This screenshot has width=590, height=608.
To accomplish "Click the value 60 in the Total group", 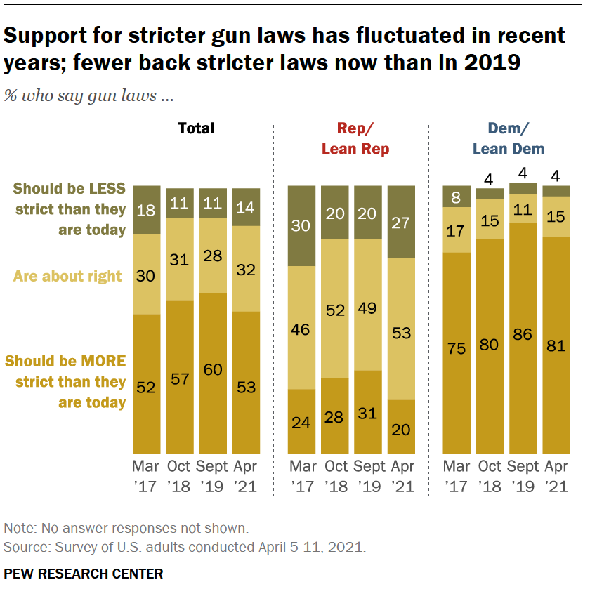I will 213,369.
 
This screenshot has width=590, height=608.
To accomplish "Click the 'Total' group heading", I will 196,128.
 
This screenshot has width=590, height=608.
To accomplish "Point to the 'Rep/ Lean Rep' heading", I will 355,138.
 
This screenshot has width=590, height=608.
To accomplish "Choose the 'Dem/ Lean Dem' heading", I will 509,138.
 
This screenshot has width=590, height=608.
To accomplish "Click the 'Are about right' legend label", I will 67,276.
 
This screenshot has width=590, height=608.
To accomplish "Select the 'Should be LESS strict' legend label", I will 69,209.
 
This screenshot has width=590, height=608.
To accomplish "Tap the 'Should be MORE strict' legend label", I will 65,382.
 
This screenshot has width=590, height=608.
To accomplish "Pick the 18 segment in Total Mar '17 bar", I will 147,210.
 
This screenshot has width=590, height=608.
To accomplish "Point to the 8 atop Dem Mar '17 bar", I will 457,197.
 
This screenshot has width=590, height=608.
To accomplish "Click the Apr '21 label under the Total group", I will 246,476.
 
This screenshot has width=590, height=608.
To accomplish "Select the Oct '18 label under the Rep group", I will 335,476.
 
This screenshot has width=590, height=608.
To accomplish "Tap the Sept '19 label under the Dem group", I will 523,476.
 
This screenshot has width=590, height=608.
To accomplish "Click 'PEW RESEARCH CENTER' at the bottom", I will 84,574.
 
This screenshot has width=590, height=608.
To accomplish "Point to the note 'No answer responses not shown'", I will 126,528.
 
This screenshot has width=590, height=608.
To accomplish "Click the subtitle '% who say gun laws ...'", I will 88,96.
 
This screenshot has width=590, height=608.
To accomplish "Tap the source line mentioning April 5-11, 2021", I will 185,546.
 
